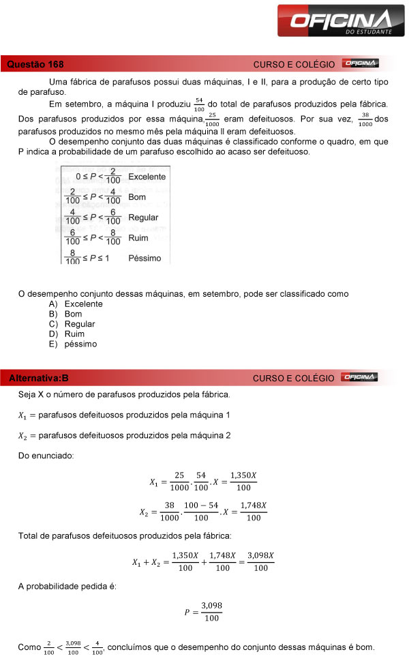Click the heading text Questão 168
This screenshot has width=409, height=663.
coord(35,65)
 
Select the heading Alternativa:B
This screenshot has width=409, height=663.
coord(40,377)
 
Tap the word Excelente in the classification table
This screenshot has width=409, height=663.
coord(147,177)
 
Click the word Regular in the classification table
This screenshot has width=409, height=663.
coord(143,218)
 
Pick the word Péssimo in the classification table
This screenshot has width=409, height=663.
coord(145,259)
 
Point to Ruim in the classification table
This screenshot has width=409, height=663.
coord(138,238)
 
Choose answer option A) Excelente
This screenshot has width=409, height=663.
coord(76,304)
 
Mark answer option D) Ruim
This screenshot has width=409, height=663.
coord(67,334)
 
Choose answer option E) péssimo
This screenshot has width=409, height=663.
coord(73,344)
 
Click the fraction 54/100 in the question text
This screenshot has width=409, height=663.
coord(199,104)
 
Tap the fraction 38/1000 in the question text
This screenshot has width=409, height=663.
coord(365,119)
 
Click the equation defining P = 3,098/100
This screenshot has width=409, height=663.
coord(204,612)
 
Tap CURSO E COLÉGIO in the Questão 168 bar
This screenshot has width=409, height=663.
coord(294,64)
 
